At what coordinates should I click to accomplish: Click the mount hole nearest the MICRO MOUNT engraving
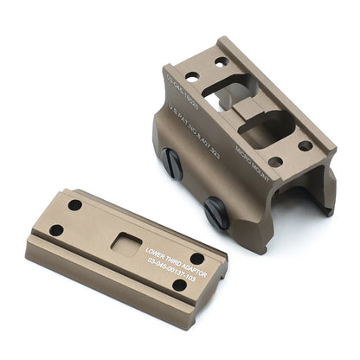pyautogui.click(x=274, y=161)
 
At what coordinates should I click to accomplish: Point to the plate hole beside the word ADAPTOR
pyautogui.click(x=197, y=258)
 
